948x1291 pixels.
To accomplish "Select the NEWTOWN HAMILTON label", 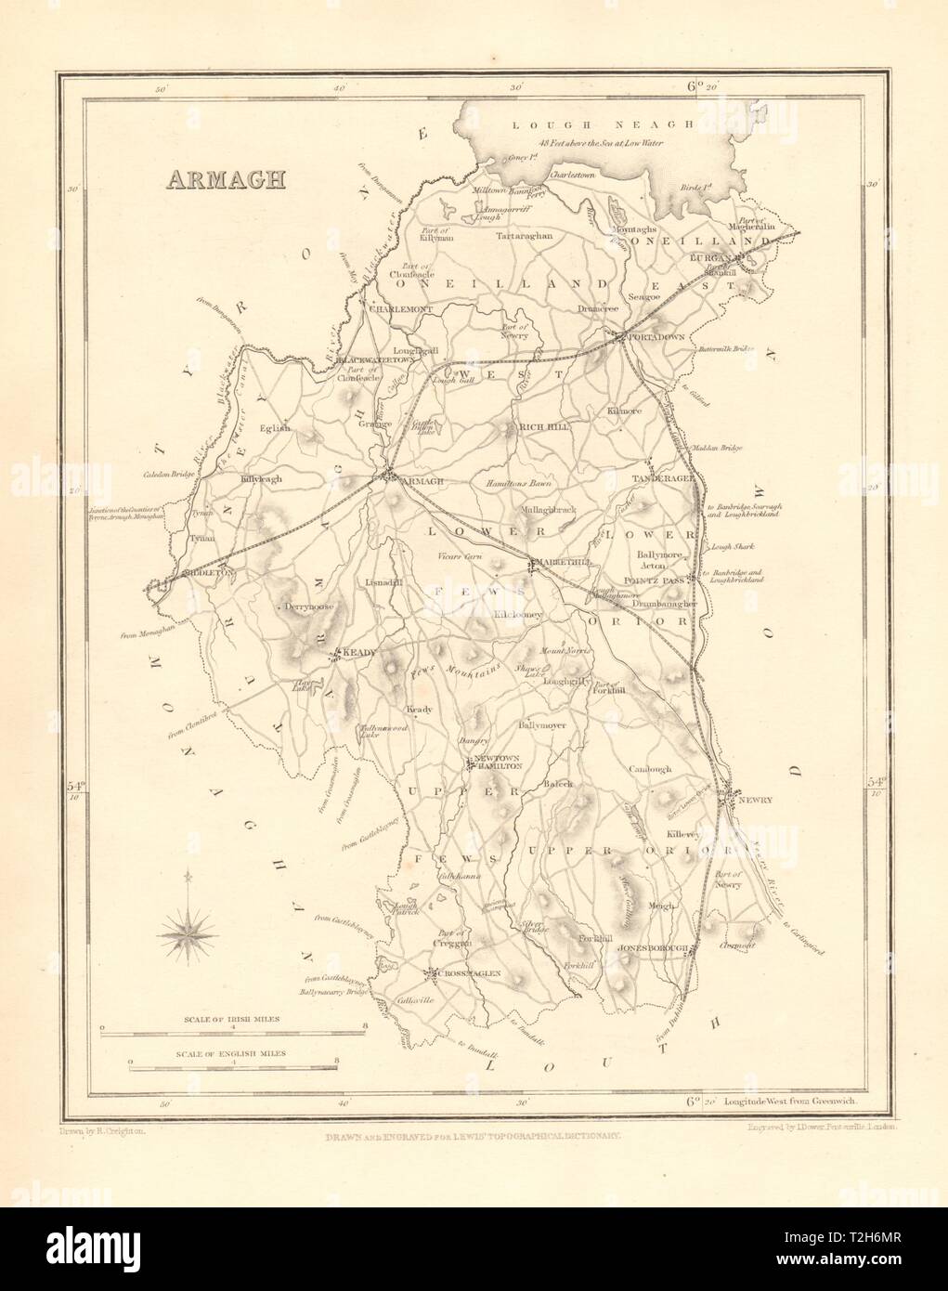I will click(499, 763).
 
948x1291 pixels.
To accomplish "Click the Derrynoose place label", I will click(305, 606).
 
